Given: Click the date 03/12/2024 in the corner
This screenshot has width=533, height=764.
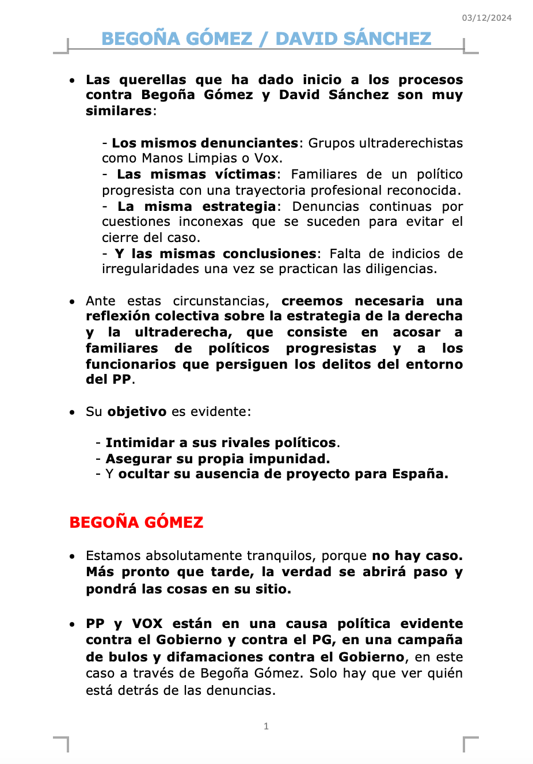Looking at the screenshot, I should pos(486,18).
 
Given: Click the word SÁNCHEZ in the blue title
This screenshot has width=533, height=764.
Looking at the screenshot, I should pos(383,39).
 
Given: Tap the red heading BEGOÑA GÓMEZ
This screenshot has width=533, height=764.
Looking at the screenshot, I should pos(136,523).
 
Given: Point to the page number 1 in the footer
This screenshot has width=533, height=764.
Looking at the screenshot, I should pos(266,726).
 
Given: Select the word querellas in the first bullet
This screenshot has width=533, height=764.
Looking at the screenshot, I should pos(153,80).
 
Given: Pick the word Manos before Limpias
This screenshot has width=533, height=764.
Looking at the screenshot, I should pos(161,158).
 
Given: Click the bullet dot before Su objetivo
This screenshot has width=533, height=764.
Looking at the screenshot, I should pos(72,412).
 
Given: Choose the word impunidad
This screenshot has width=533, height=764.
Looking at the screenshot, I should pos(295,459).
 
